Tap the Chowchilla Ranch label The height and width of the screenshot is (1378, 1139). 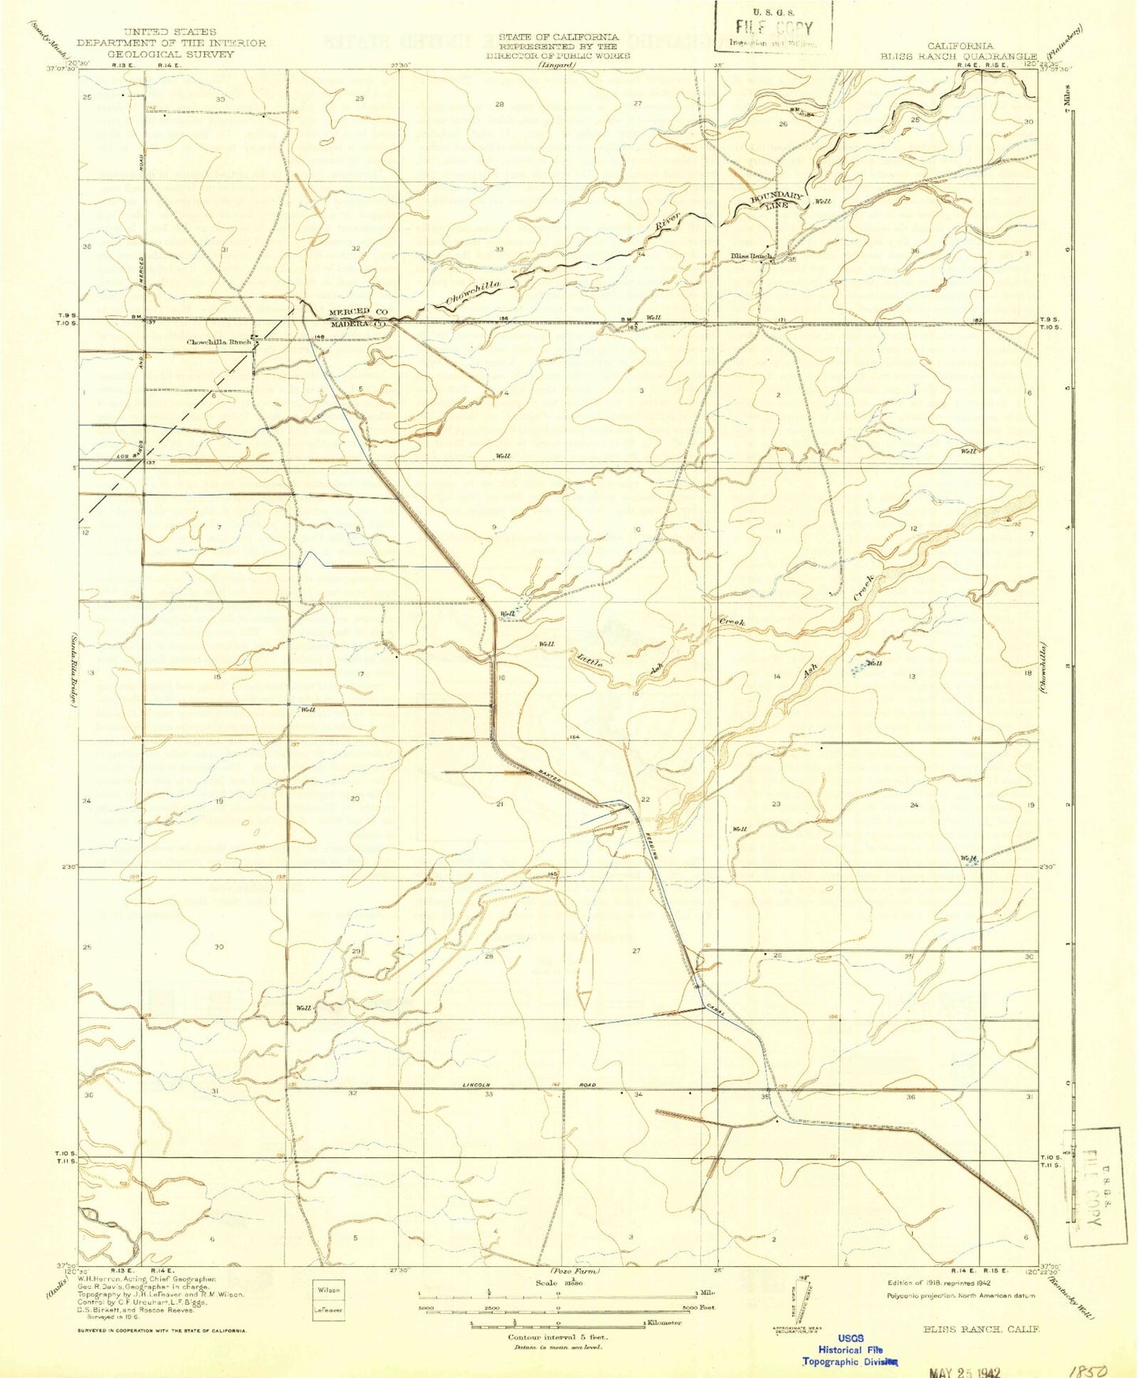point(218,342)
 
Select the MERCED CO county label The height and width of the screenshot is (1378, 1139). point(355,312)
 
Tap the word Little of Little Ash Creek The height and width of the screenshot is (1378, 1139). point(590,658)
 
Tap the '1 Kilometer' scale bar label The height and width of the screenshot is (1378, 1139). point(663,1322)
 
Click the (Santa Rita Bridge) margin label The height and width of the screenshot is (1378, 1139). point(72,670)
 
